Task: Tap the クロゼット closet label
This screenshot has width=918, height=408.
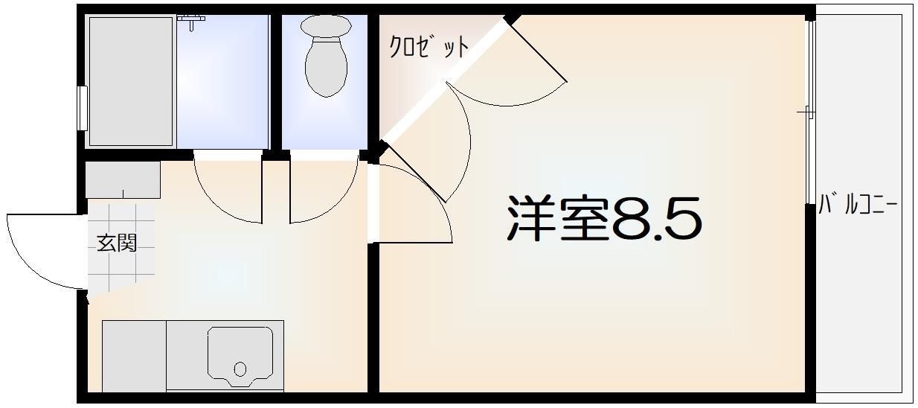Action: [429, 47]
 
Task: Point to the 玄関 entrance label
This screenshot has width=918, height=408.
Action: [117, 243]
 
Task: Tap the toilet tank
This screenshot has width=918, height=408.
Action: [326, 25]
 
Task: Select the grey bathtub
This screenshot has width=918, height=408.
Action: [131, 80]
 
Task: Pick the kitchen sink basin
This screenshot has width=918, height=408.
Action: [240, 356]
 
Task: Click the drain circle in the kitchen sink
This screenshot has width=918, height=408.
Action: [240, 369]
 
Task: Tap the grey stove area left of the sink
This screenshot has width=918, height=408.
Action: [134, 356]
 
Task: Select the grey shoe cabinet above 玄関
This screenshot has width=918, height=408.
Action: [123, 180]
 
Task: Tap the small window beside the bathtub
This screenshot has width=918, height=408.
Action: [83, 107]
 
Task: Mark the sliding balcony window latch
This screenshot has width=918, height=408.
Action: [806, 112]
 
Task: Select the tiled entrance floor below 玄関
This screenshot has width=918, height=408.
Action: [119, 272]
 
